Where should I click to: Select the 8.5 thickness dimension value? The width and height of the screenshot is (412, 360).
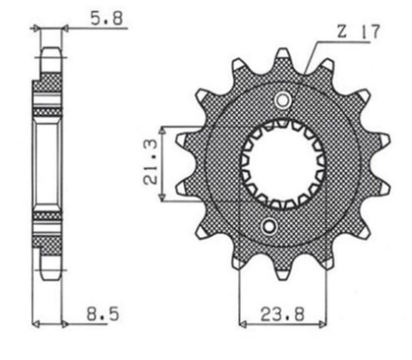(x=100, y=315)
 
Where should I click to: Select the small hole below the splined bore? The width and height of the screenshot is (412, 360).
(x=270, y=226)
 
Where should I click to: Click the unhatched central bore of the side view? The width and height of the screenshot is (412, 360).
(x=48, y=163)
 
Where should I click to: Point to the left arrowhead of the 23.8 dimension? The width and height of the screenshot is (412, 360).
(x=243, y=325)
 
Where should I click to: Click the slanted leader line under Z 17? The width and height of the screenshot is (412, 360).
(x=310, y=52)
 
